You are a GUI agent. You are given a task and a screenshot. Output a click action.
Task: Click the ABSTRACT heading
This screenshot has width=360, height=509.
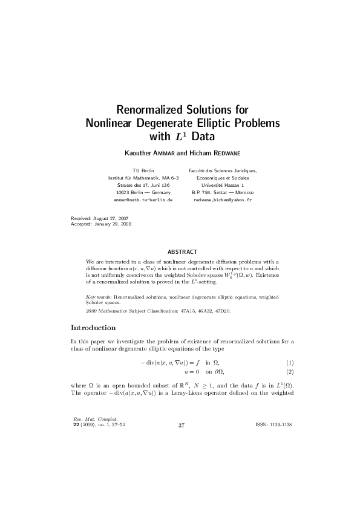click(x=181, y=251)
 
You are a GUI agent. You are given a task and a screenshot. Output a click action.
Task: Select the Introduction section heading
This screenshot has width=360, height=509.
click(x=93, y=328)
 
